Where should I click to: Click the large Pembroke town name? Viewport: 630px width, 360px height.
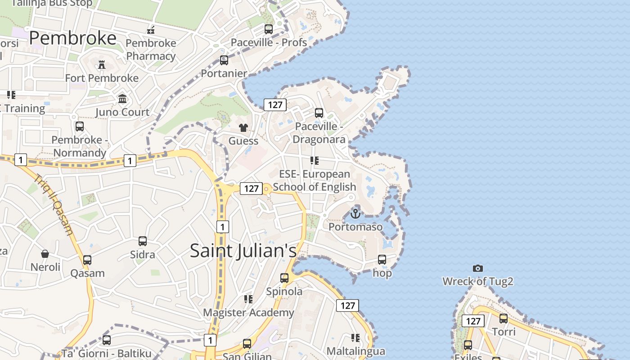(x=73, y=38)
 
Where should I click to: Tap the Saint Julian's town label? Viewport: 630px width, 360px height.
(x=243, y=251)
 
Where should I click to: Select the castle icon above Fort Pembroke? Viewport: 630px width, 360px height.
(x=102, y=65)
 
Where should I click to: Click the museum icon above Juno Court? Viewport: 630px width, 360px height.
(x=122, y=99)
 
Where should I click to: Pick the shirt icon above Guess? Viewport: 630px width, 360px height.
(x=243, y=128)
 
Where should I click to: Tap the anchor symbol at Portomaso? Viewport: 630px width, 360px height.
(x=355, y=213)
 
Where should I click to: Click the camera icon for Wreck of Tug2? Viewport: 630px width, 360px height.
(x=478, y=269)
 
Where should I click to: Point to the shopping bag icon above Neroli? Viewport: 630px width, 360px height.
(x=45, y=254)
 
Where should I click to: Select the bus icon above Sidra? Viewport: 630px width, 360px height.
(x=143, y=241)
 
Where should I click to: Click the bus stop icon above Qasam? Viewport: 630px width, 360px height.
(x=87, y=260)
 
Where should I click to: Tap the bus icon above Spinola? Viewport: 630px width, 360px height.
(x=284, y=278)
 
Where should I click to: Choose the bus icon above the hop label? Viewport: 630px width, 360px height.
(x=382, y=260)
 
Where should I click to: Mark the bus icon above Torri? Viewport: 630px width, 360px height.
(x=504, y=319)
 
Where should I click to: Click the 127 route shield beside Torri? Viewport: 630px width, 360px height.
(x=473, y=321)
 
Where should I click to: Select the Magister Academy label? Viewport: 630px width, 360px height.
(x=248, y=312)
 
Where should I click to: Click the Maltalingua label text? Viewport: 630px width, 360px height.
(x=355, y=351)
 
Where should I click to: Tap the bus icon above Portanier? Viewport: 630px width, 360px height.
(x=224, y=60)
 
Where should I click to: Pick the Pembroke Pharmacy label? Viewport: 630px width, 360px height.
(x=151, y=49)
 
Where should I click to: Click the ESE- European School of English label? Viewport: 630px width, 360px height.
(x=315, y=180)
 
